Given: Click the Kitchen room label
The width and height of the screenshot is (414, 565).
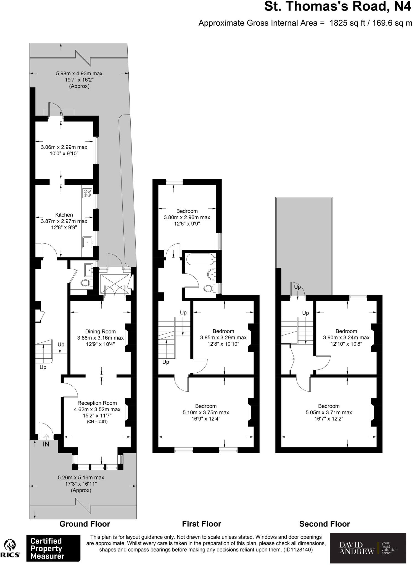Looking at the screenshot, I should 64,215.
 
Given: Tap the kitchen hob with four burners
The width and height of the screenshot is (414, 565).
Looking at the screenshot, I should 87,193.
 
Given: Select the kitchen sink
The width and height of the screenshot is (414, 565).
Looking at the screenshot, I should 87,242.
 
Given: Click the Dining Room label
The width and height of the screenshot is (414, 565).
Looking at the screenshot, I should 100,332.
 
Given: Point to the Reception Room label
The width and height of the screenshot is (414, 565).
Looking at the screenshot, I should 97,403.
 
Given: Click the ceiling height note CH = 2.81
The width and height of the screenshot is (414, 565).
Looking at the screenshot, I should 97,422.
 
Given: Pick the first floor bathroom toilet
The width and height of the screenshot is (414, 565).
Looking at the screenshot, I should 209,289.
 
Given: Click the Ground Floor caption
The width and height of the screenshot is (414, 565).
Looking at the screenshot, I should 85,524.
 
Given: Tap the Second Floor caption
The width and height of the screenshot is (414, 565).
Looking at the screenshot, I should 325,524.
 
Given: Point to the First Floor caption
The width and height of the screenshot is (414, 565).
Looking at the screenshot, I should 202,524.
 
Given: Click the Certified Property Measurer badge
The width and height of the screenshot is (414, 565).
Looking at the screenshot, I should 53,548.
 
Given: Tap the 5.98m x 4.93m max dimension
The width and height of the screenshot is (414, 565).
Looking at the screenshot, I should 79,74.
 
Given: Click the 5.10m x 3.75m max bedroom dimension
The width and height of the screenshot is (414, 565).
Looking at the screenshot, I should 206,412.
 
